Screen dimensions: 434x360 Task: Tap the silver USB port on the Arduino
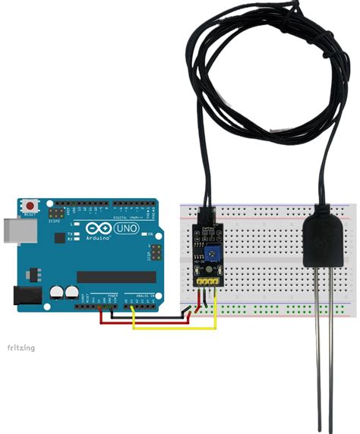(10, 228)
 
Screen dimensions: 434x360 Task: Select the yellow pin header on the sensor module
(207, 281)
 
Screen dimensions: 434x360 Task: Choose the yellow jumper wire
(175, 329)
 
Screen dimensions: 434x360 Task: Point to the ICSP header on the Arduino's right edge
(155, 251)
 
